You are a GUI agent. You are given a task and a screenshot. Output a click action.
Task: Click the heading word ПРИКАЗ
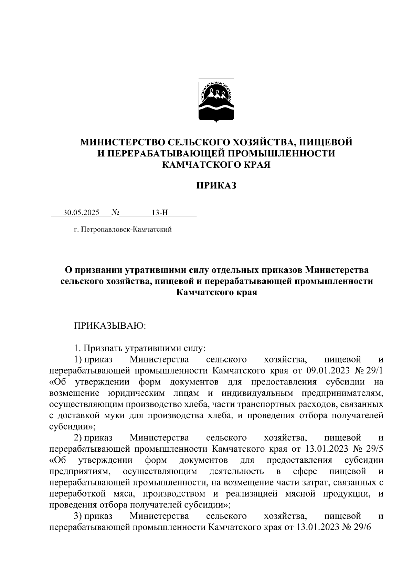coord(216,186)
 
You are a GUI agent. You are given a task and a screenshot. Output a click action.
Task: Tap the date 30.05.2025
coord(81,213)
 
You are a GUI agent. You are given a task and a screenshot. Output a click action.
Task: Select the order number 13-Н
coord(160,213)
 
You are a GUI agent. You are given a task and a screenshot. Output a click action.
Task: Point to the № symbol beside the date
coord(115,213)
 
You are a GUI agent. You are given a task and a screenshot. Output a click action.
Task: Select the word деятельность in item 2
coord(236,471)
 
